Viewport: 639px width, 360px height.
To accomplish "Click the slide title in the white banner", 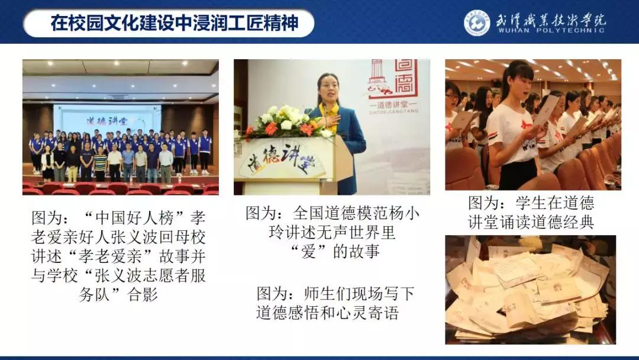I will pos(174,23).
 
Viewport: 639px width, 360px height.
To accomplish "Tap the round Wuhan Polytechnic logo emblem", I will pos(477,22).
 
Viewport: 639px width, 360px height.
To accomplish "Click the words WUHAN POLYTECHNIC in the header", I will pos(554,30).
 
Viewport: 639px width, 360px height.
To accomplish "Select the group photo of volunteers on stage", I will pos(121,127).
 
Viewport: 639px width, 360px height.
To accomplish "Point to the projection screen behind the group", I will pos(107,119).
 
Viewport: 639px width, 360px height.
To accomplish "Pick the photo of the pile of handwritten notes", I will pos(530,290).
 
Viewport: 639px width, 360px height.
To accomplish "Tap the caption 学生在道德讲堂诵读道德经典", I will pos(531,213).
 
